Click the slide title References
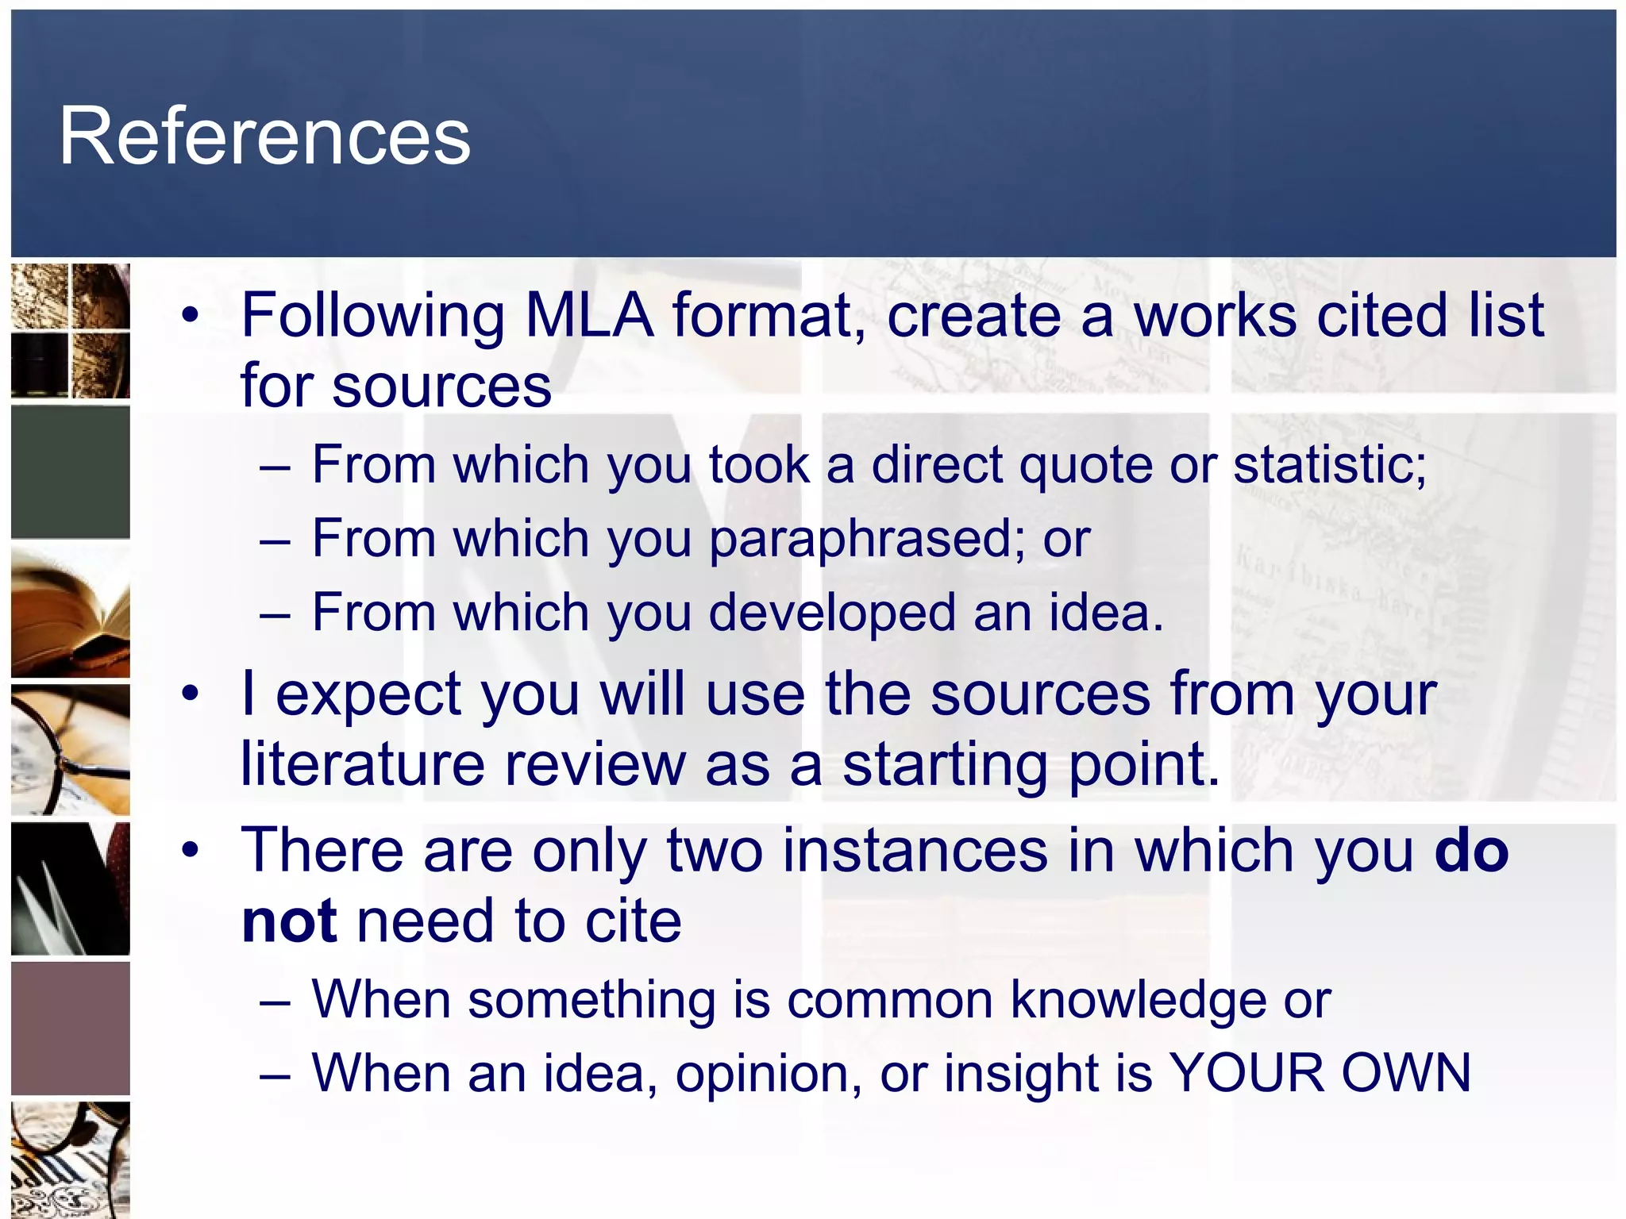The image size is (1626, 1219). click(x=264, y=137)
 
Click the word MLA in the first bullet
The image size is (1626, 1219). click(x=589, y=316)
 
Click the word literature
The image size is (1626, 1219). click(x=362, y=764)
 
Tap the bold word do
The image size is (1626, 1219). click(x=1471, y=851)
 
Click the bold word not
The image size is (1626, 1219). click(x=289, y=921)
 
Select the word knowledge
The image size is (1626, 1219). click(x=1139, y=999)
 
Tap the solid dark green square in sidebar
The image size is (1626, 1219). click(x=70, y=472)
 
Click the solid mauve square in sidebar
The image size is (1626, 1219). click(x=70, y=1029)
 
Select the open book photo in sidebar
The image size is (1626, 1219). click(x=70, y=612)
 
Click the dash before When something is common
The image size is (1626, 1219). click(x=275, y=1001)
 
